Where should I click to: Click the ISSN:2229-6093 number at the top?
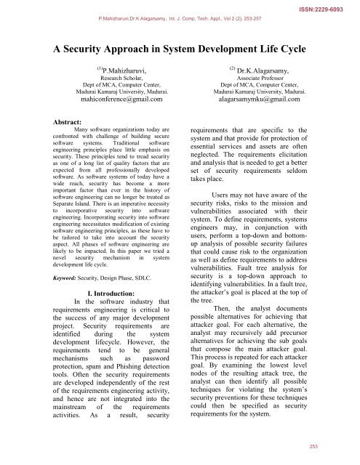[327, 4]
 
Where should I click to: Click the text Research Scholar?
[121, 79]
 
